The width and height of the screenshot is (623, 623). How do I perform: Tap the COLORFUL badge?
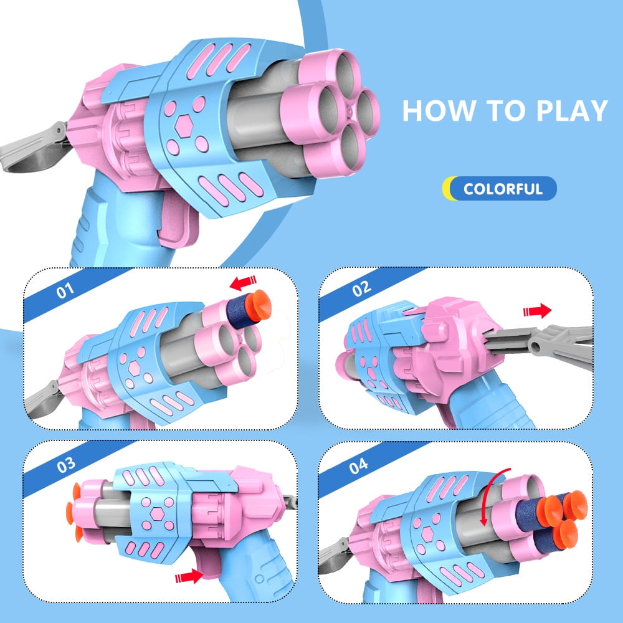[500, 188]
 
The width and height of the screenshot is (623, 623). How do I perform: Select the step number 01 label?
[65, 290]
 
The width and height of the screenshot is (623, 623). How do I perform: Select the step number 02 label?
[361, 288]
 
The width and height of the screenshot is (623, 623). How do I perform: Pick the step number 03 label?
[65, 465]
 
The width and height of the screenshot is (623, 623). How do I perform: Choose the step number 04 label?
[358, 465]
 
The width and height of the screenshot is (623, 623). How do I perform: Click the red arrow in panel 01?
[243, 283]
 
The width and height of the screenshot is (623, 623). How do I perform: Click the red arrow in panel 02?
[537, 310]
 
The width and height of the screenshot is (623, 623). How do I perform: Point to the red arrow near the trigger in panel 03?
[189, 576]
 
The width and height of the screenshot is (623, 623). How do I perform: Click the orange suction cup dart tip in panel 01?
[259, 305]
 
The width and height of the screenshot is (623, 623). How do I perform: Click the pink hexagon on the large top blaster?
[184, 126]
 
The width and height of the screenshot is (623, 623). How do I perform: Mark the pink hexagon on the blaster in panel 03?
[158, 514]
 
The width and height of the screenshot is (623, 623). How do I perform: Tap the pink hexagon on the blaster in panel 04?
[427, 534]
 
